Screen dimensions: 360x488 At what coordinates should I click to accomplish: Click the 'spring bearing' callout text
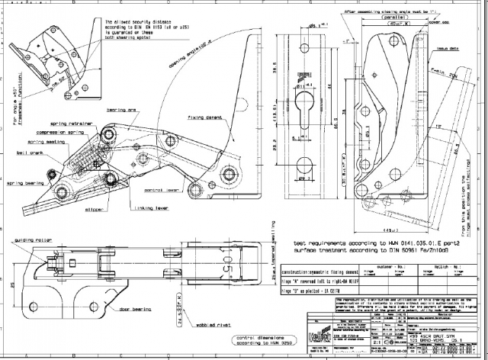[25, 183]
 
